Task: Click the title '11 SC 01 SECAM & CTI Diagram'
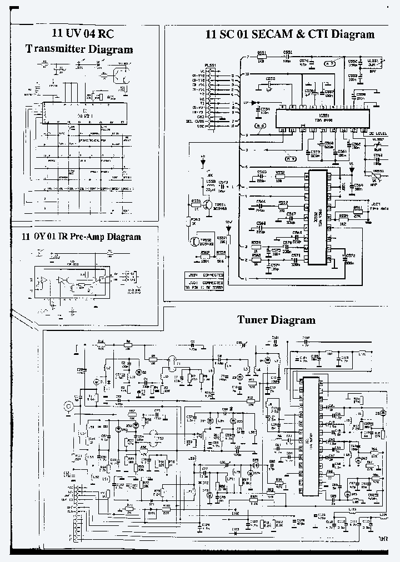(x=290, y=34)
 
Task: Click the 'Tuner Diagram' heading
(x=276, y=320)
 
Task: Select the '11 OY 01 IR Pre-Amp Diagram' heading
(x=82, y=237)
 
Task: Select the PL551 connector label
(x=211, y=66)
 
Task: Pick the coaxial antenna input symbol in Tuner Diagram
(x=69, y=407)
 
